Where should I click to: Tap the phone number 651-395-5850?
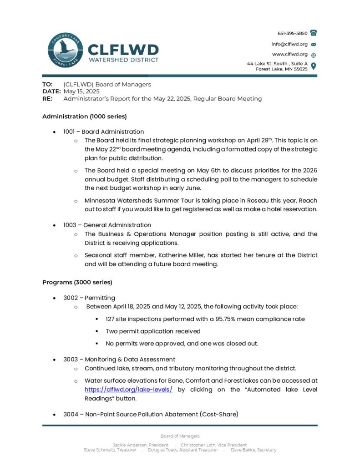coord(292,33)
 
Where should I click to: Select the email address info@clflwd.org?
coord(290,44)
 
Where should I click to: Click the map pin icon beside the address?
coord(314,66)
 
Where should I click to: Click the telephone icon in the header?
coord(314,33)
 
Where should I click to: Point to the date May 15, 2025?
coord(81,91)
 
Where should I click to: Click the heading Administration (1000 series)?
coord(84,116)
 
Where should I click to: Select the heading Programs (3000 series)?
coord(77,282)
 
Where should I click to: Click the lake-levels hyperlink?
coord(128,390)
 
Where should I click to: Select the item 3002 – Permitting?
coord(89,298)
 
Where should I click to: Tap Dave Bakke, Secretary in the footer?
coord(254,450)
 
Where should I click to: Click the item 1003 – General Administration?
coord(107,225)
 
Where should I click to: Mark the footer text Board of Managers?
coord(180,436)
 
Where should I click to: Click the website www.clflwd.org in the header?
coord(290,54)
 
